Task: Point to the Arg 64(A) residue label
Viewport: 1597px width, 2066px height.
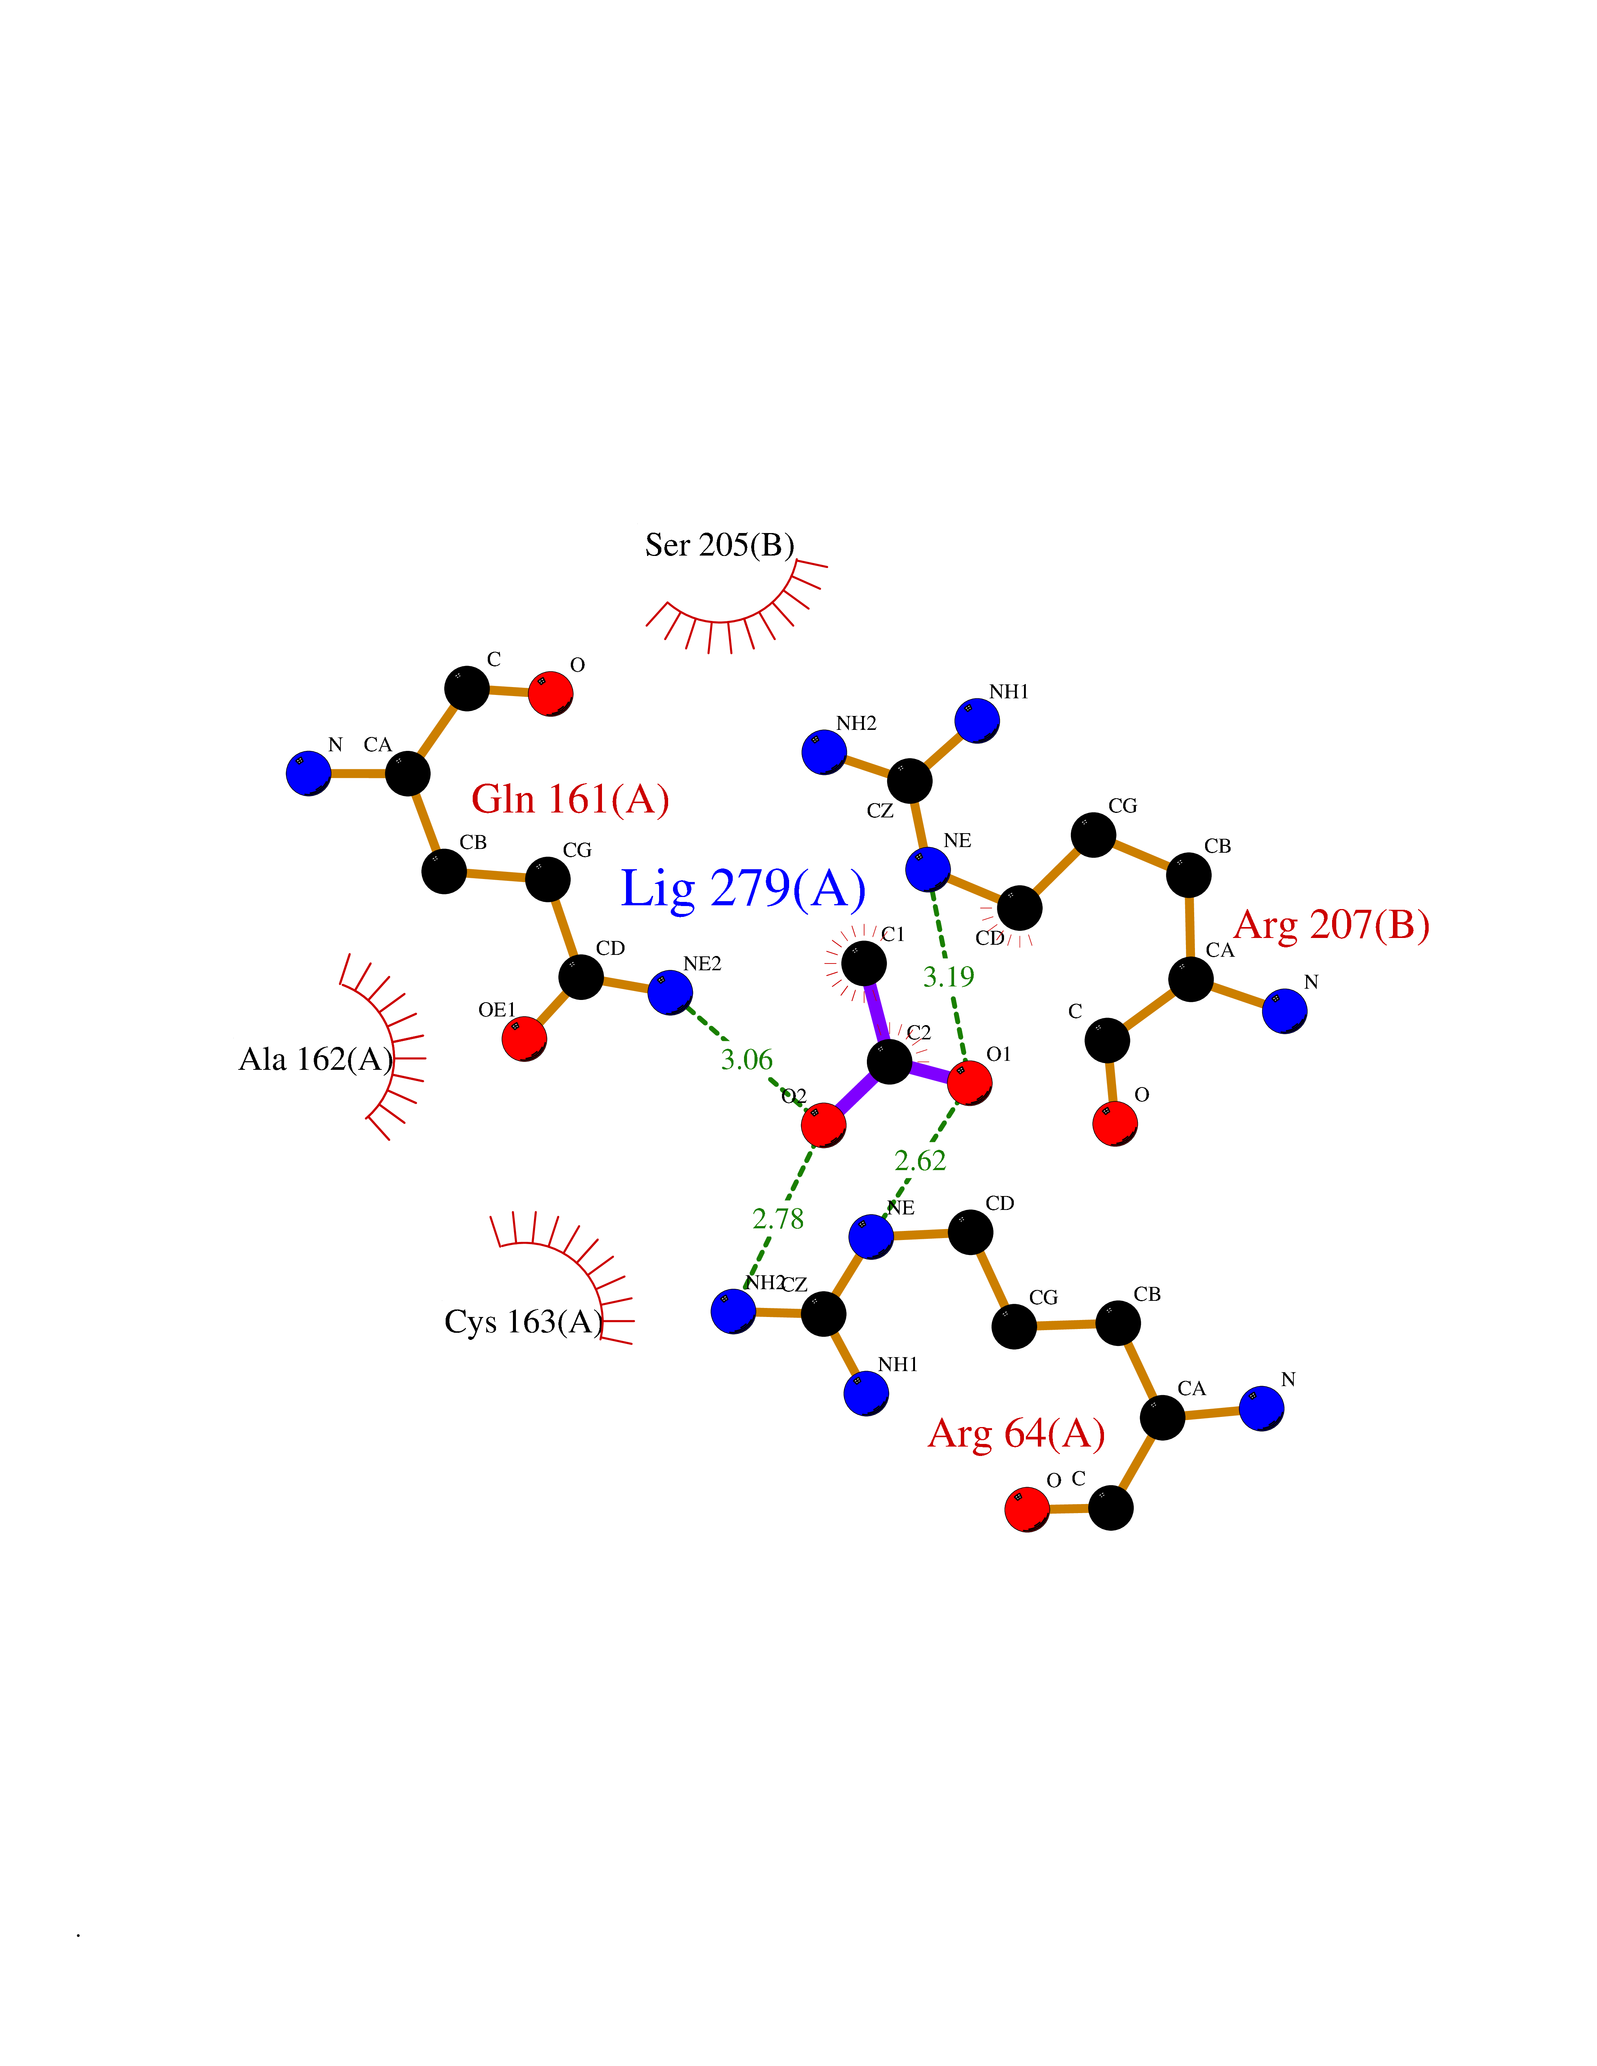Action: point(1017,1433)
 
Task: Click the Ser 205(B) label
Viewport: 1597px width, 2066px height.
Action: point(719,545)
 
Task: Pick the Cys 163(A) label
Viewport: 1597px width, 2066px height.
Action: point(523,1321)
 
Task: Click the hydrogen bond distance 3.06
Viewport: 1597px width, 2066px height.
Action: point(747,1060)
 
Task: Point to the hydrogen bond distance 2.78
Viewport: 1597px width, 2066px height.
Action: point(778,1219)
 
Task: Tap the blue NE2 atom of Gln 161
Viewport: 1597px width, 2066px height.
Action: point(670,992)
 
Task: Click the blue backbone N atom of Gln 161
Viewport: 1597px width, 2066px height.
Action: point(309,773)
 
